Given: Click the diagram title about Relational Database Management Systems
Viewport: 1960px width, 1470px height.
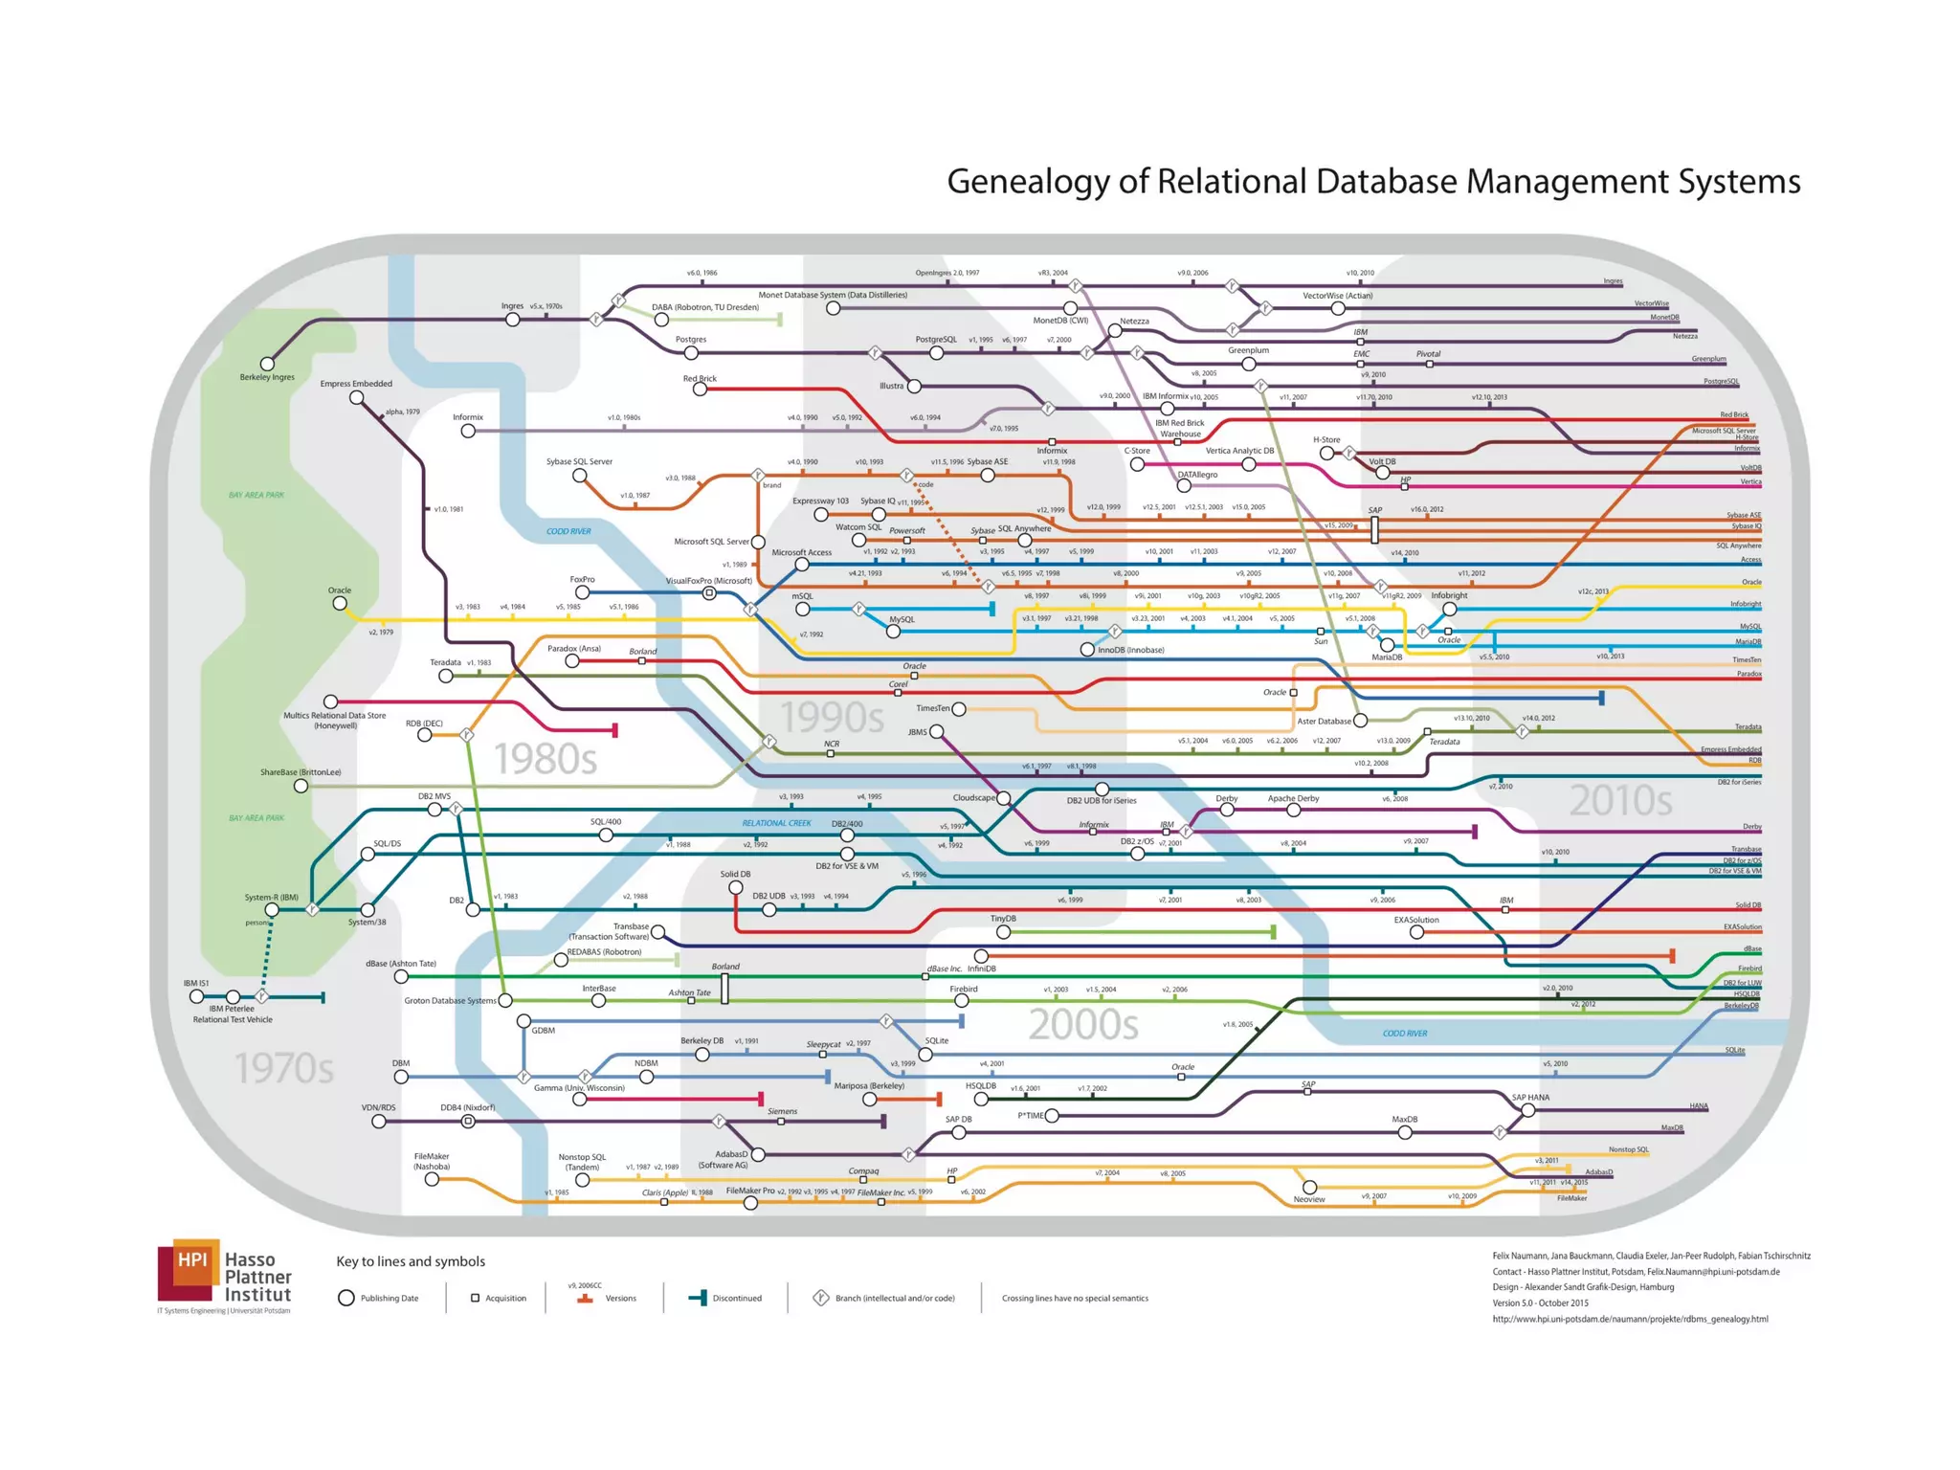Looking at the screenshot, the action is tap(1373, 181).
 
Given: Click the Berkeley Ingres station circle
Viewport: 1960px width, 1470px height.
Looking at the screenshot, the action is tap(268, 364).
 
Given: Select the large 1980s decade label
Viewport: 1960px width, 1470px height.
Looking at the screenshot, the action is tap(546, 759).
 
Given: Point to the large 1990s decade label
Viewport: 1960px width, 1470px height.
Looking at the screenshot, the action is tap(832, 717).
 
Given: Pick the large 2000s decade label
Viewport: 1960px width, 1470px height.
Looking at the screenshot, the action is tap(1083, 1025).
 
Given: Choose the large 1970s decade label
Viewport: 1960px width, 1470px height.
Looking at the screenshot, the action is tap(284, 1068).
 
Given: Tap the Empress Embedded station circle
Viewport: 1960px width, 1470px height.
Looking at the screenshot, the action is tap(357, 397).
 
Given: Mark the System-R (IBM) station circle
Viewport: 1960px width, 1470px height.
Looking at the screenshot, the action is tap(273, 910).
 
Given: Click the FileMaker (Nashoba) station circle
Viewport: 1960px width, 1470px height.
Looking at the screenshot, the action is tap(433, 1180).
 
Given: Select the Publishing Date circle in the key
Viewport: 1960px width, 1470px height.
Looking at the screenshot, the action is tap(346, 1298).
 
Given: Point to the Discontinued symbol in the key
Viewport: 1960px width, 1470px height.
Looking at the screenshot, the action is tap(699, 1298).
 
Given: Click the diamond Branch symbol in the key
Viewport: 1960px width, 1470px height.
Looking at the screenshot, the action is tap(820, 1298).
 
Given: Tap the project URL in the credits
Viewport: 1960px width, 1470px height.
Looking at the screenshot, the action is tap(1630, 1319).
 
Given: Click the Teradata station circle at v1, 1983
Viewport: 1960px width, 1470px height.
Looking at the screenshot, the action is tap(446, 676).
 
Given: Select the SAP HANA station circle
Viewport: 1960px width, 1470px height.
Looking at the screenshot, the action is tap(1528, 1110).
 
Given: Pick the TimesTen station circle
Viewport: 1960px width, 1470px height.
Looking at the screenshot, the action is tap(959, 709).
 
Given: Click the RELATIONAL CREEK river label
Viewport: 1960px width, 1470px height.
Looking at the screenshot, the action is tap(776, 823).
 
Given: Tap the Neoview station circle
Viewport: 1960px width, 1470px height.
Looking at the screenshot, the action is tap(1309, 1187).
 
